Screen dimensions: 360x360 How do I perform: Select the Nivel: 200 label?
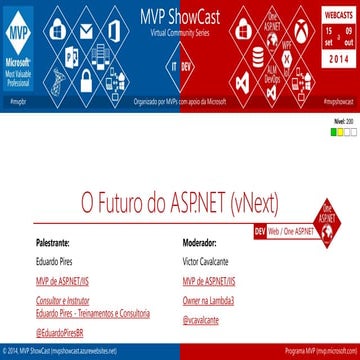[x=341, y=121]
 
